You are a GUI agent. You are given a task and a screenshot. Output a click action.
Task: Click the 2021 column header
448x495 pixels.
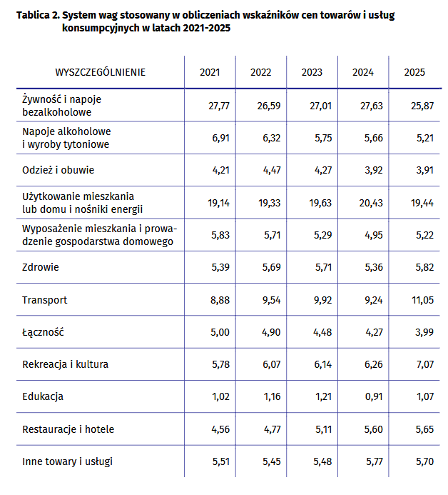[210, 72]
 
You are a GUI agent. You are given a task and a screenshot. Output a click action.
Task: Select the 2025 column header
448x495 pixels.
[414, 72]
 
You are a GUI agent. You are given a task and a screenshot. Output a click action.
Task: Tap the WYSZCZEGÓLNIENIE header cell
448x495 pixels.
[101, 72]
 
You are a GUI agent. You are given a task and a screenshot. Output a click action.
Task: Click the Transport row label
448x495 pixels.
[44, 300]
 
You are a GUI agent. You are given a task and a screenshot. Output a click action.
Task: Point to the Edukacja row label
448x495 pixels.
[44, 396]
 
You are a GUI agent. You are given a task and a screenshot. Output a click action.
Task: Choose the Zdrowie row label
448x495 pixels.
[41, 267]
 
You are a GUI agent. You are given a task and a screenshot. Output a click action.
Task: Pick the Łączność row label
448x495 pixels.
[43, 332]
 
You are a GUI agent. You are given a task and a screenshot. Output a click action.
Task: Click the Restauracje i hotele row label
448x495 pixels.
[68, 429]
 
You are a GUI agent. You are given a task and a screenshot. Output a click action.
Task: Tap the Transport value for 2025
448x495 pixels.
[422, 300]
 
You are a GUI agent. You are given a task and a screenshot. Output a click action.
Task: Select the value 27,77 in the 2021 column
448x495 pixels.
[218, 106]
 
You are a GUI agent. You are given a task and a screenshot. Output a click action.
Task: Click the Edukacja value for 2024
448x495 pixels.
[373, 396]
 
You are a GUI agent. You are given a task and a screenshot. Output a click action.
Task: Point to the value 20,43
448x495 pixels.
[370, 203]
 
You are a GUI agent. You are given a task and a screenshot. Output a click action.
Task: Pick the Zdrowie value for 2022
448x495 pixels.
[270, 267]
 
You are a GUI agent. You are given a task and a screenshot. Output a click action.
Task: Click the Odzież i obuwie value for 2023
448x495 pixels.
[322, 170]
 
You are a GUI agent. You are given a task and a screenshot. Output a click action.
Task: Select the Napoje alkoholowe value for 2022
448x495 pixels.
[270, 138]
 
